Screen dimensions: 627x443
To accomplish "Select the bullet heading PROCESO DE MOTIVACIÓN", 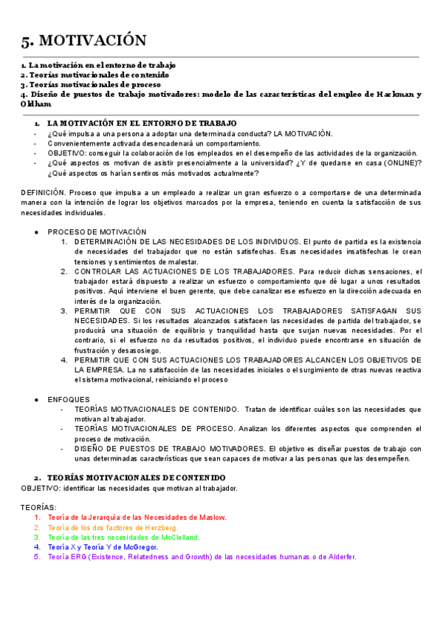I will point(97,231).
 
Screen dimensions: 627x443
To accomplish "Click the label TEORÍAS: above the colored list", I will point(38,507).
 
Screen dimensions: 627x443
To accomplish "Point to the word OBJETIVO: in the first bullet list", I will point(67,153).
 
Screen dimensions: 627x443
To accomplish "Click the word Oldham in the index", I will point(36,104).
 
